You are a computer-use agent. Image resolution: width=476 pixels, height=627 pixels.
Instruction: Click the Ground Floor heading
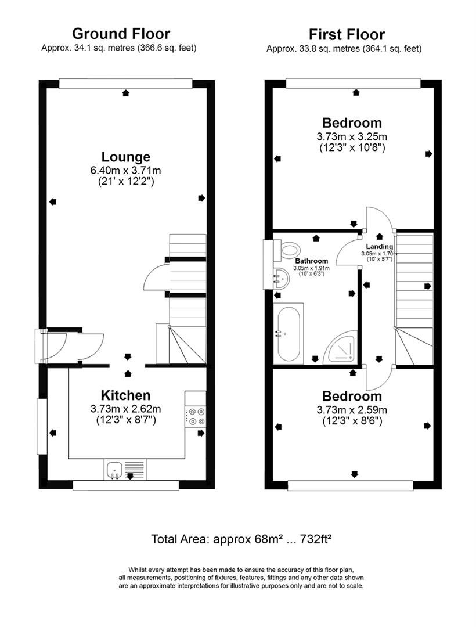[121, 33]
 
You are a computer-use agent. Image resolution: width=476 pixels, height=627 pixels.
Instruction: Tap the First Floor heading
[347, 34]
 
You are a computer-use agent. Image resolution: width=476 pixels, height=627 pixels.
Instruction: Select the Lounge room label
[126, 157]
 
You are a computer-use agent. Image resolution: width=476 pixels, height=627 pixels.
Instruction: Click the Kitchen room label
[126, 395]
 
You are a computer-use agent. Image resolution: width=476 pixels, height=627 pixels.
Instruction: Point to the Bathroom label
[312, 261]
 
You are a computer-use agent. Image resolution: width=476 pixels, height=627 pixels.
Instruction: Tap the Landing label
[379, 247]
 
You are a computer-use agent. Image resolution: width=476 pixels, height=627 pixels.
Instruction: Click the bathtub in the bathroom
[288, 334]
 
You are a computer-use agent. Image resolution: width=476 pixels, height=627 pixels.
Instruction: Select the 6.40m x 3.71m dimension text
[126, 171]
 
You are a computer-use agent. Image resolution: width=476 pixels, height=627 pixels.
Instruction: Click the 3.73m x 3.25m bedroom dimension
[352, 137]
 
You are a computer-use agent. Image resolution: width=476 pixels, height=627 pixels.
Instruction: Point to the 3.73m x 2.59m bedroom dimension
[352, 410]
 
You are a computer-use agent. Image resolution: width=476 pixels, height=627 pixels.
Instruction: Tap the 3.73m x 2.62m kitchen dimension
[126, 409]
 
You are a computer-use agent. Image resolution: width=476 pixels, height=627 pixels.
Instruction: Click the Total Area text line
[241, 539]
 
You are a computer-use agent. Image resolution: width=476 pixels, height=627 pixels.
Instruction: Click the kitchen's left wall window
[42, 426]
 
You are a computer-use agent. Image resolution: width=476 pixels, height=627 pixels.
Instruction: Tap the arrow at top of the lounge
[125, 93]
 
